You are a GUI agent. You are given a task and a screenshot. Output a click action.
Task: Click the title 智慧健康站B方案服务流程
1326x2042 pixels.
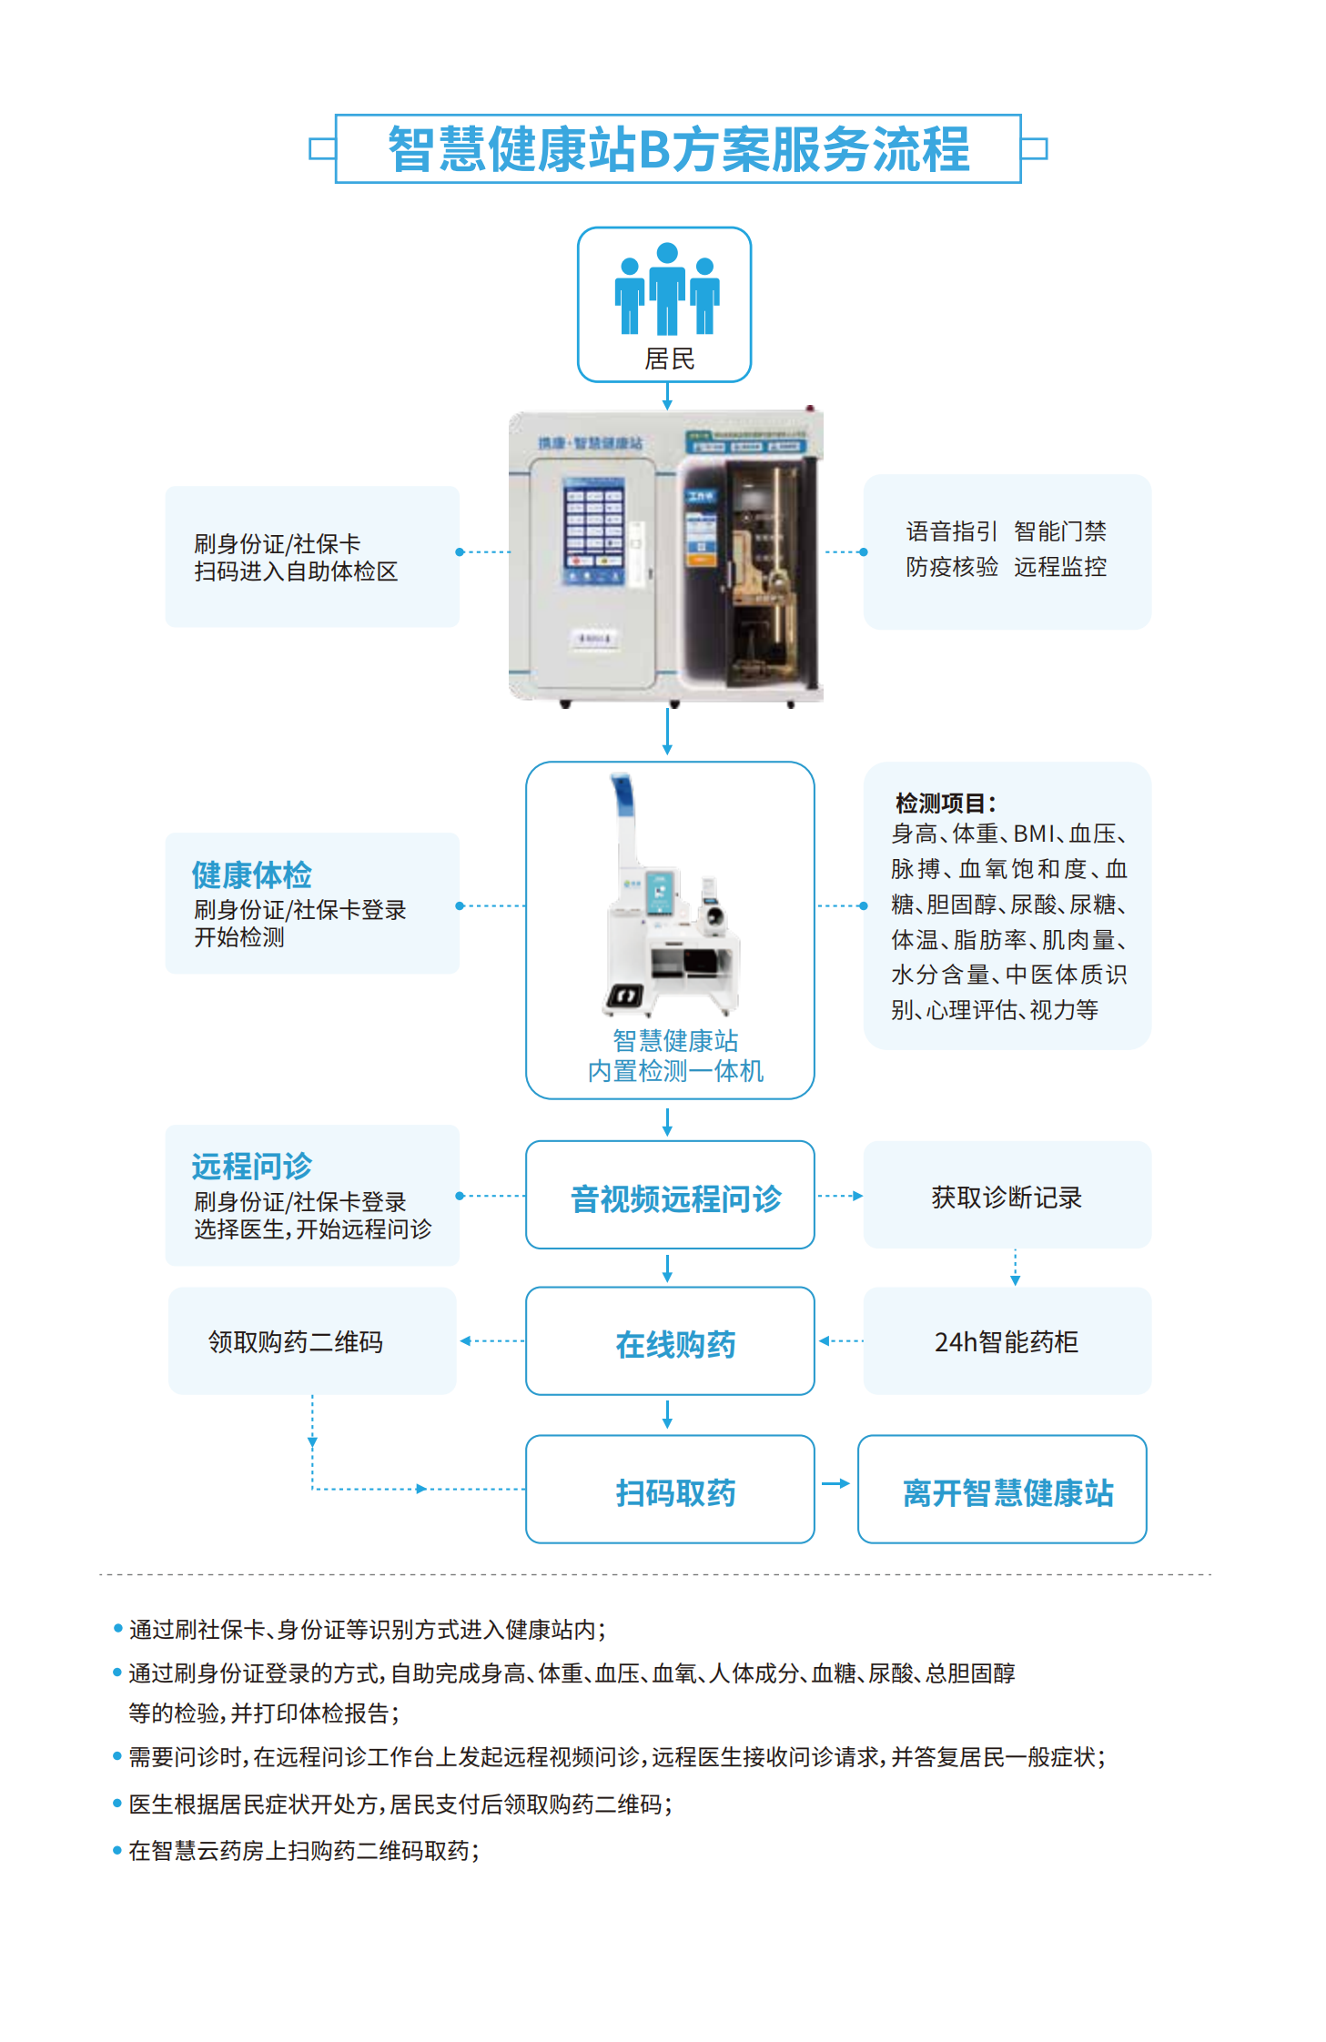[678, 149]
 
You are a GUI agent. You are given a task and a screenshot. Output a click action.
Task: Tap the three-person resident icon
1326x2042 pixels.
[667, 289]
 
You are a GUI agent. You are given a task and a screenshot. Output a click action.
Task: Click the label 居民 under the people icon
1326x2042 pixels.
[669, 359]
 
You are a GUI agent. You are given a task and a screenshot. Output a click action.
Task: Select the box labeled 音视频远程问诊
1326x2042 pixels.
[670, 1196]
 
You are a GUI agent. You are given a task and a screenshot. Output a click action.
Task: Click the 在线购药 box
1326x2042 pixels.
[670, 1341]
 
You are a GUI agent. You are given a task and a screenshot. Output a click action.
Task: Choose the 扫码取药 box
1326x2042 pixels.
[670, 1490]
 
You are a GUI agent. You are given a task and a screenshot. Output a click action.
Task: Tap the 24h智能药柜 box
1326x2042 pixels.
[1007, 1341]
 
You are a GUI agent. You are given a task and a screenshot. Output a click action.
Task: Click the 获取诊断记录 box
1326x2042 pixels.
[1007, 1196]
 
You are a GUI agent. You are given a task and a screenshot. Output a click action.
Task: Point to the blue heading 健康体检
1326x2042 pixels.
[251, 874]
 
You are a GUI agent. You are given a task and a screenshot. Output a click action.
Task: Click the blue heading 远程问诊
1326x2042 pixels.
[251, 1166]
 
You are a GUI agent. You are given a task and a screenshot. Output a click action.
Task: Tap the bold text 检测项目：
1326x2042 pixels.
[946, 804]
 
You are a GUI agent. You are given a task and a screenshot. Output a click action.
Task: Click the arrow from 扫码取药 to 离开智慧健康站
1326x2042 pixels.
[835, 1484]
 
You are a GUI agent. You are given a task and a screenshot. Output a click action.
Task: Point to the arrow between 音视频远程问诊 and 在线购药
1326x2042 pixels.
[667, 1269]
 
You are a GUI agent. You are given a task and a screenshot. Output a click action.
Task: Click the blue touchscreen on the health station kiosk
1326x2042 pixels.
[593, 531]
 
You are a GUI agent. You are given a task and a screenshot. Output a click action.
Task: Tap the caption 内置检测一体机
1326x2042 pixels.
[675, 1071]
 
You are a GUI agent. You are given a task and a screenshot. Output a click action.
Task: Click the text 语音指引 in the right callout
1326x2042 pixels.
[951, 531]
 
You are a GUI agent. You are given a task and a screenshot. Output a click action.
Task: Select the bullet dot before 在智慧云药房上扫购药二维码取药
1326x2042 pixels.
[117, 1850]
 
